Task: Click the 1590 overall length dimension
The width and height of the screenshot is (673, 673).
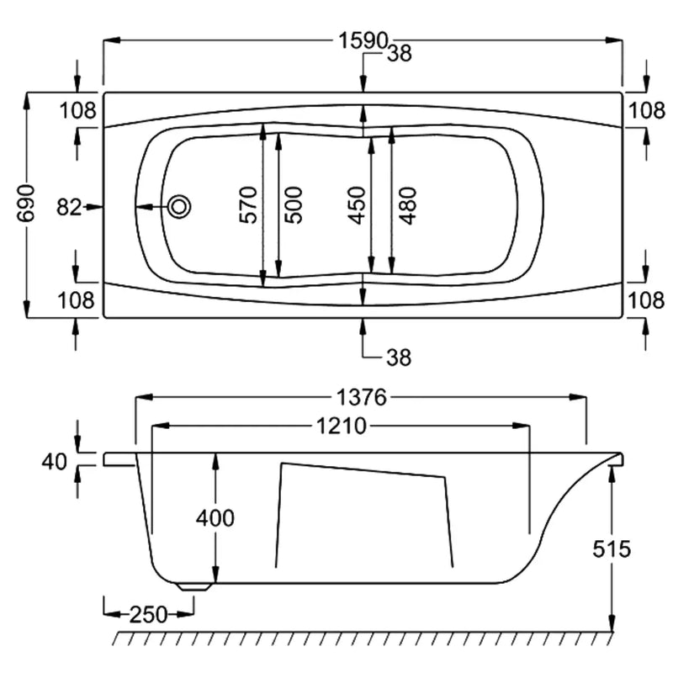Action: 363,41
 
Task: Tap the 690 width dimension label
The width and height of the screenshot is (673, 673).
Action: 27,204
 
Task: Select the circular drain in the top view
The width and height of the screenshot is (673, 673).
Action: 179,206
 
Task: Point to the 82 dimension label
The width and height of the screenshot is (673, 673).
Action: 69,207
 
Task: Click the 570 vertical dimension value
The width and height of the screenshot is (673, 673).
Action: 248,204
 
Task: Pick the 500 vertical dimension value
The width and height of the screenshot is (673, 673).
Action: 294,205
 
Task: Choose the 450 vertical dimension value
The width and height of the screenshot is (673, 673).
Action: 357,205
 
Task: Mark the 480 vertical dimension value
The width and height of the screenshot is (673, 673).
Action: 408,205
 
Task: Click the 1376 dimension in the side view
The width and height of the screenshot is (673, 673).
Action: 362,397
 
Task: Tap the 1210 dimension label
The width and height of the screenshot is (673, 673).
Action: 342,427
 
